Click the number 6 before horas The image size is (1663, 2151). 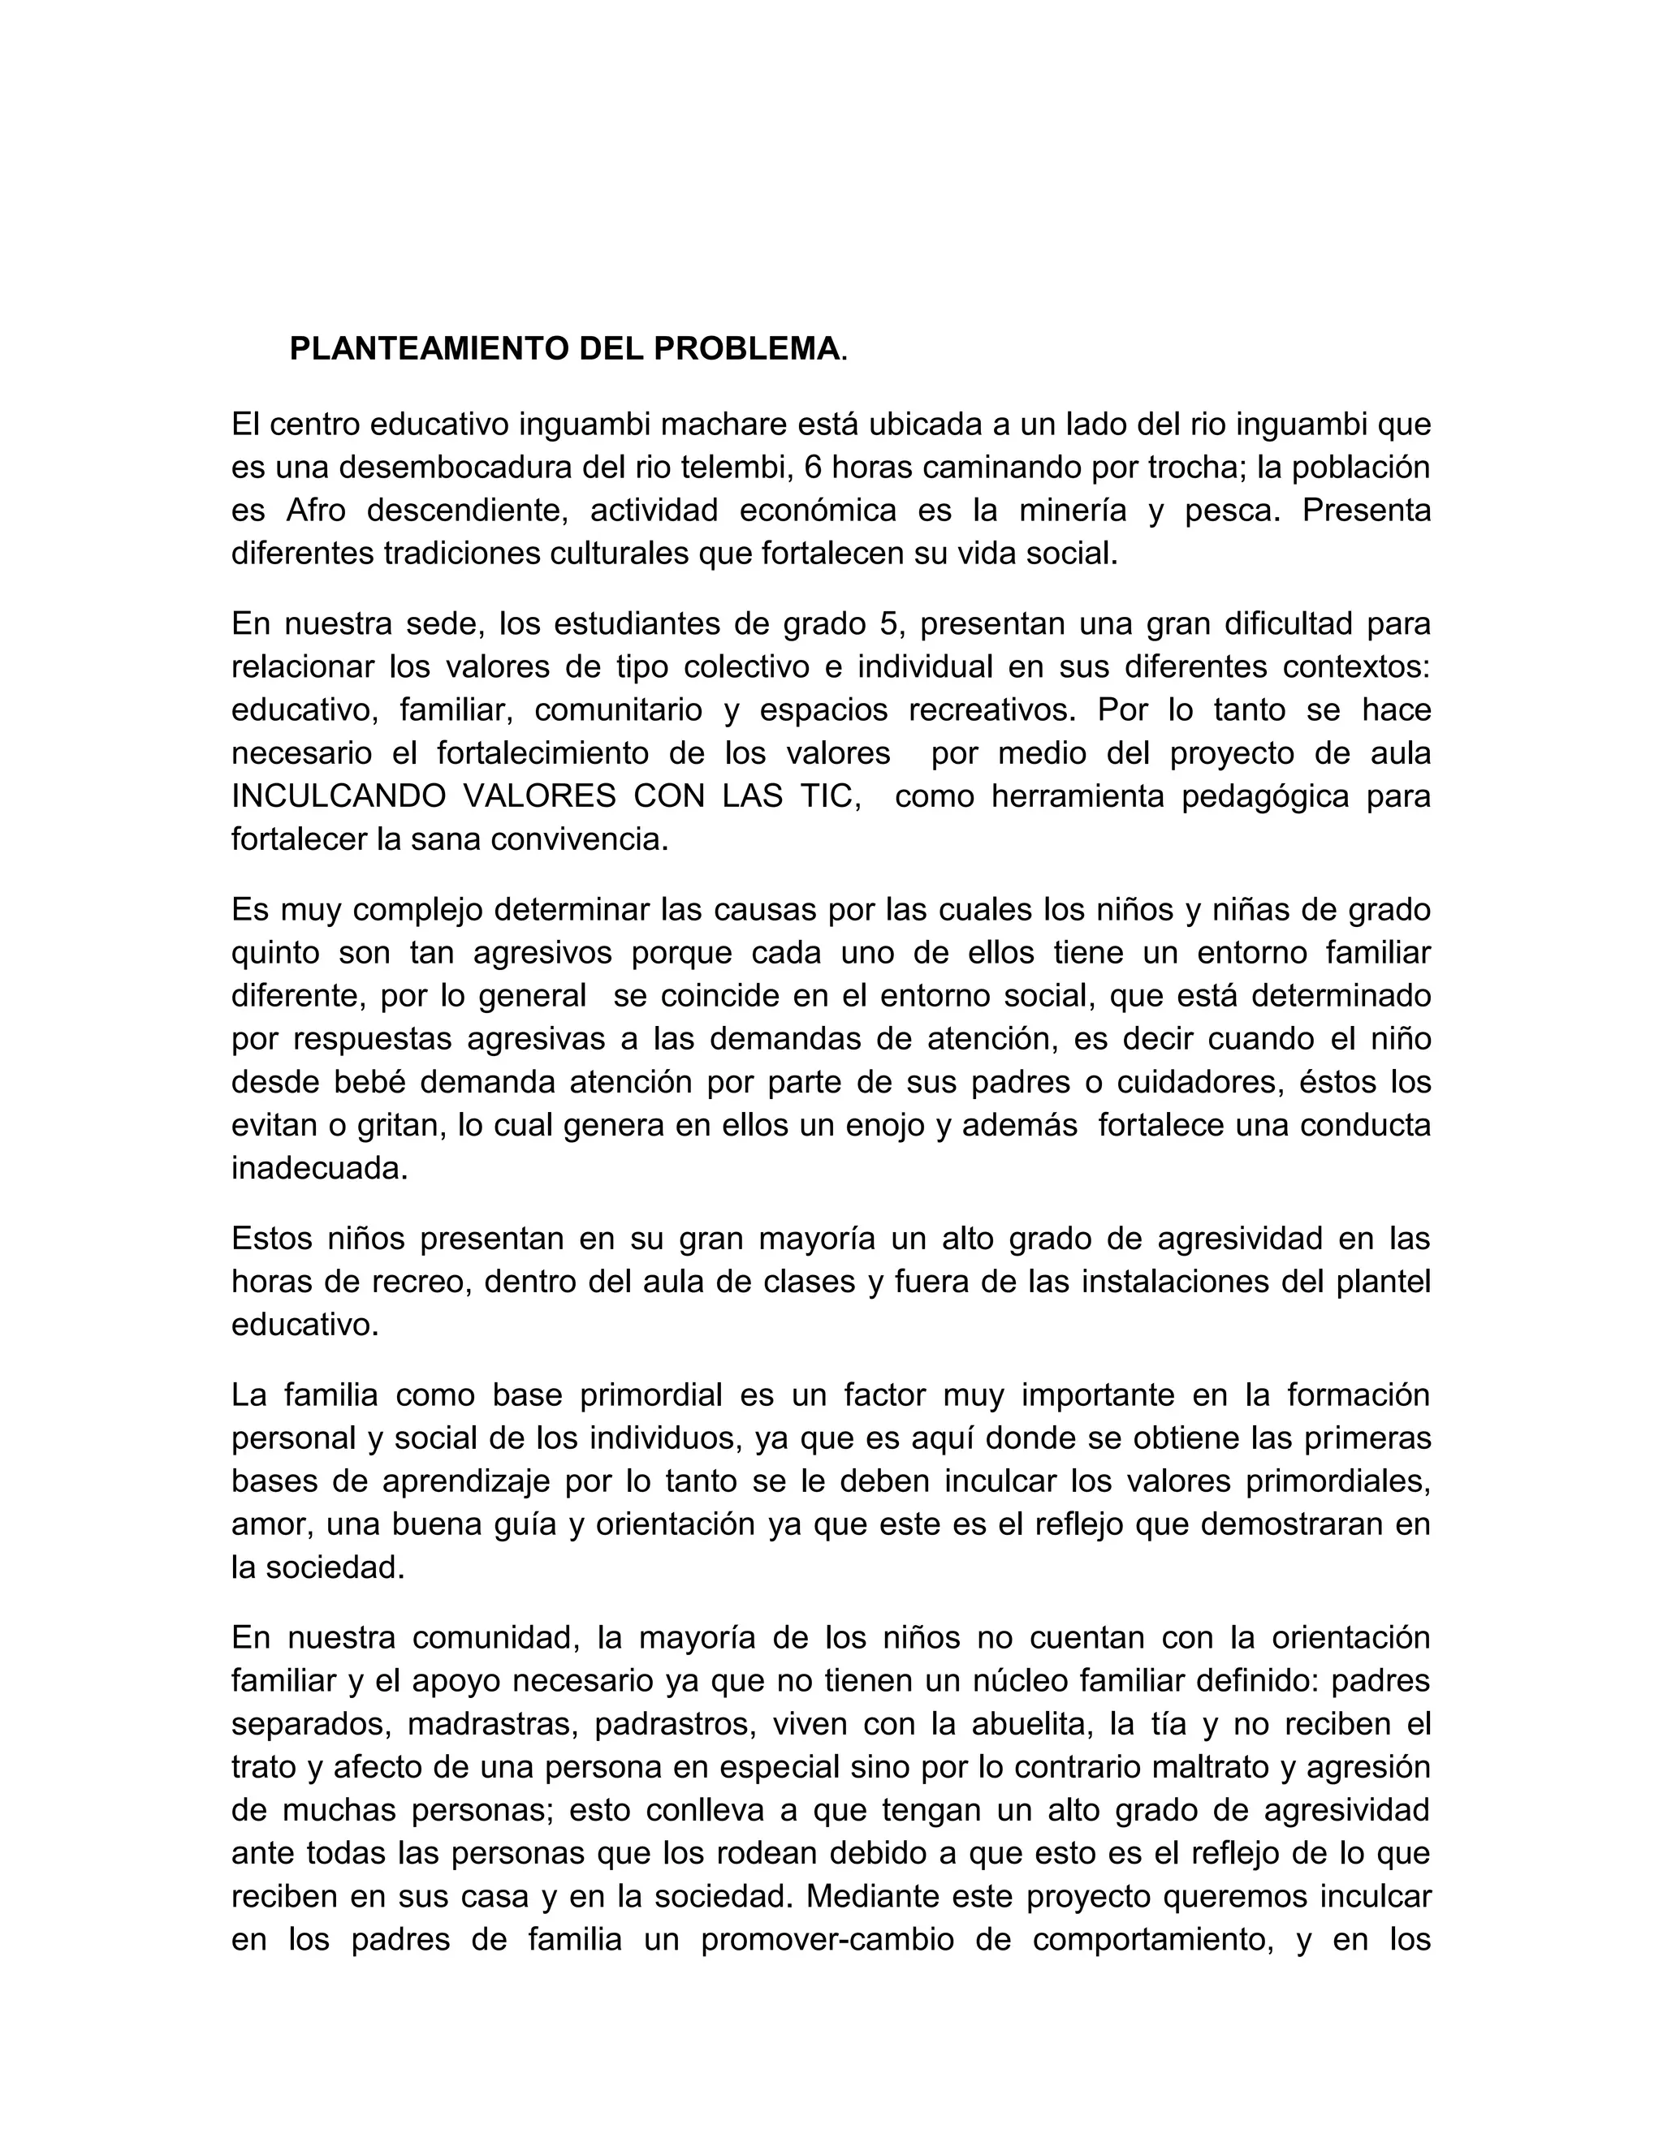(x=812, y=467)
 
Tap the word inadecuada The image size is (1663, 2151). (x=319, y=1168)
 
